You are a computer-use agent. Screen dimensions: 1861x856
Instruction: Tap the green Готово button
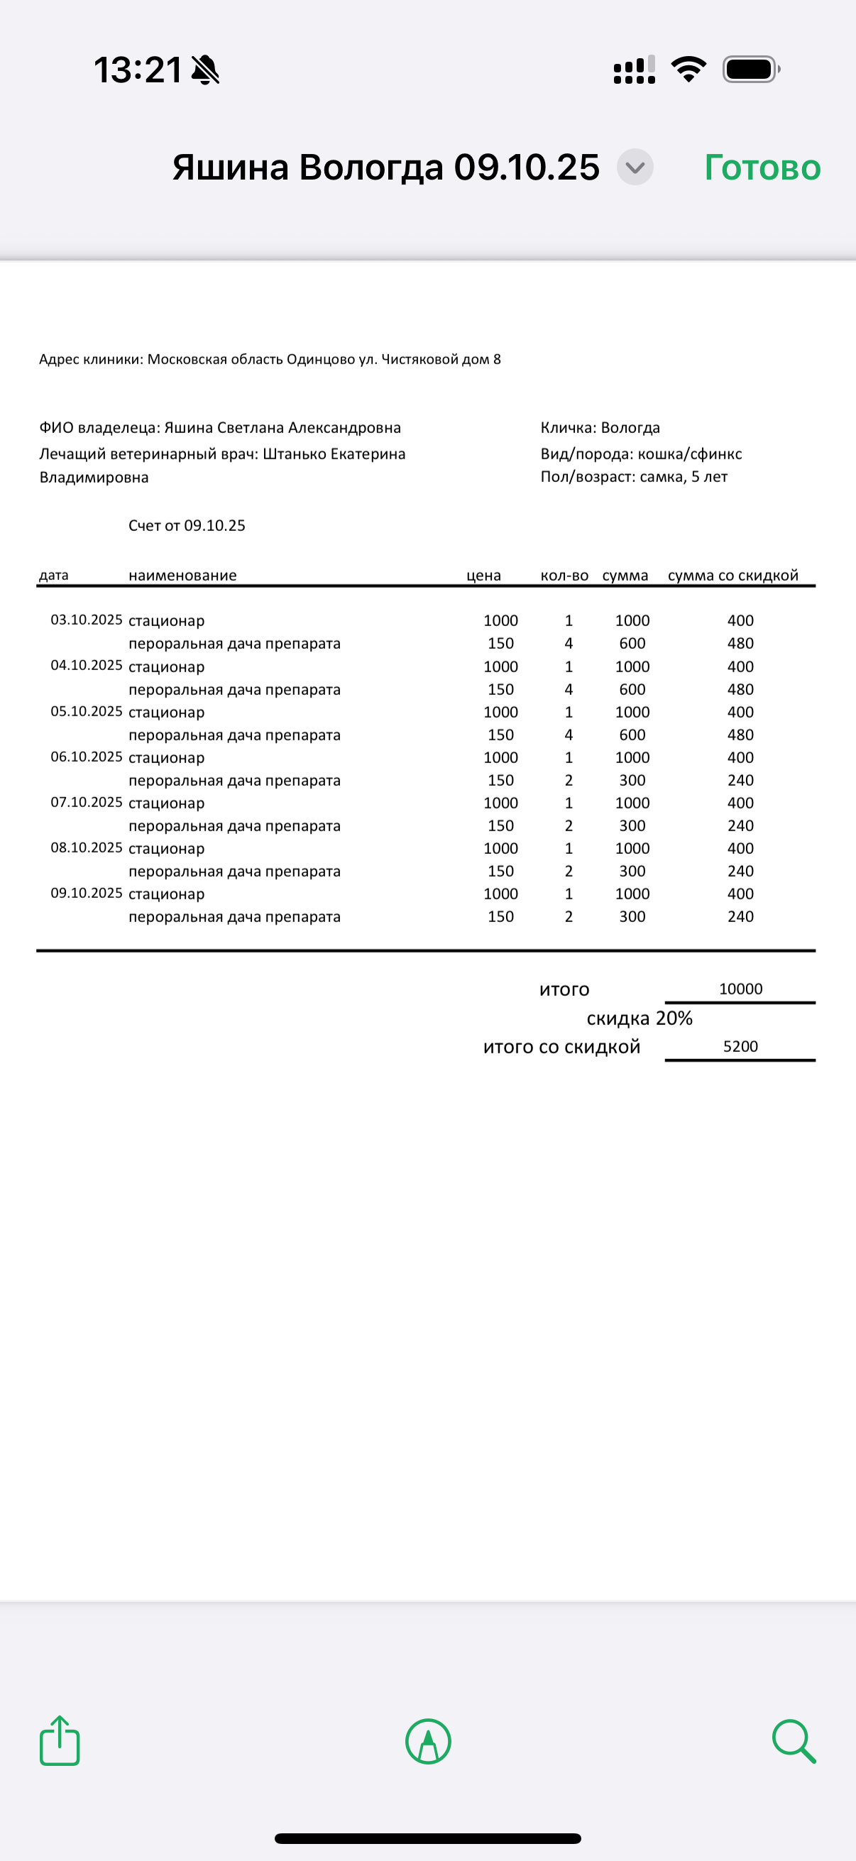pyautogui.click(x=762, y=168)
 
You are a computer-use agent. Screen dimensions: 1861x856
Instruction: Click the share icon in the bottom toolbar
pyautogui.click(x=59, y=1741)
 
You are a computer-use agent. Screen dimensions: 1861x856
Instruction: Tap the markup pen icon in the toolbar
pyautogui.click(x=429, y=1741)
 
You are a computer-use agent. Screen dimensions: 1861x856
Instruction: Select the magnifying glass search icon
pyautogui.click(x=793, y=1741)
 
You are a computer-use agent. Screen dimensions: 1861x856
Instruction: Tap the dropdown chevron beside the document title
pyautogui.click(x=635, y=168)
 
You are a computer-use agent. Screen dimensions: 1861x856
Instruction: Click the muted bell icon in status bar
pyautogui.click(x=205, y=70)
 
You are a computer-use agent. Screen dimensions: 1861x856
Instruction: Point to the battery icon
pyautogui.click(x=750, y=70)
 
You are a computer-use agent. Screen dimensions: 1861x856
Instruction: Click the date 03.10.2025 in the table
pyautogui.click(x=87, y=620)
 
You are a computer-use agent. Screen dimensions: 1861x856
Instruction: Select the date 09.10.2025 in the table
pyautogui.click(x=87, y=893)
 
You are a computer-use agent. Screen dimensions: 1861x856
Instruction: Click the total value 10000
pyautogui.click(x=740, y=989)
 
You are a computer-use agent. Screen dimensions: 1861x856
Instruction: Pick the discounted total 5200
pyautogui.click(x=740, y=1047)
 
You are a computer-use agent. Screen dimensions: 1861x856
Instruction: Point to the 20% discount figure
pyautogui.click(x=674, y=1019)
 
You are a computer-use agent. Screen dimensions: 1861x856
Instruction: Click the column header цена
pyautogui.click(x=483, y=576)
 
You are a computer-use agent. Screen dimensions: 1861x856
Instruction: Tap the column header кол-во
pyautogui.click(x=564, y=576)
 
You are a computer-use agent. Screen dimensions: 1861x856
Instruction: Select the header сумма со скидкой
pyautogui.click(x=732, y=576)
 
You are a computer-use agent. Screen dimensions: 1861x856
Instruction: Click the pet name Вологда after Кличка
pyautogui.click(x=630, y=428)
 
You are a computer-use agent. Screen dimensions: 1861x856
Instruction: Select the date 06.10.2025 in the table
pyautogui.click(x=87, y=757)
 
